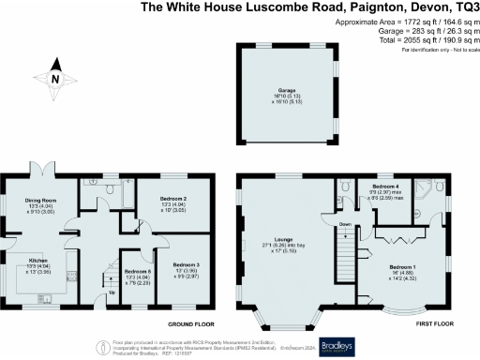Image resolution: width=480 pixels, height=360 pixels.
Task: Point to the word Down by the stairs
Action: [345, 225]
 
